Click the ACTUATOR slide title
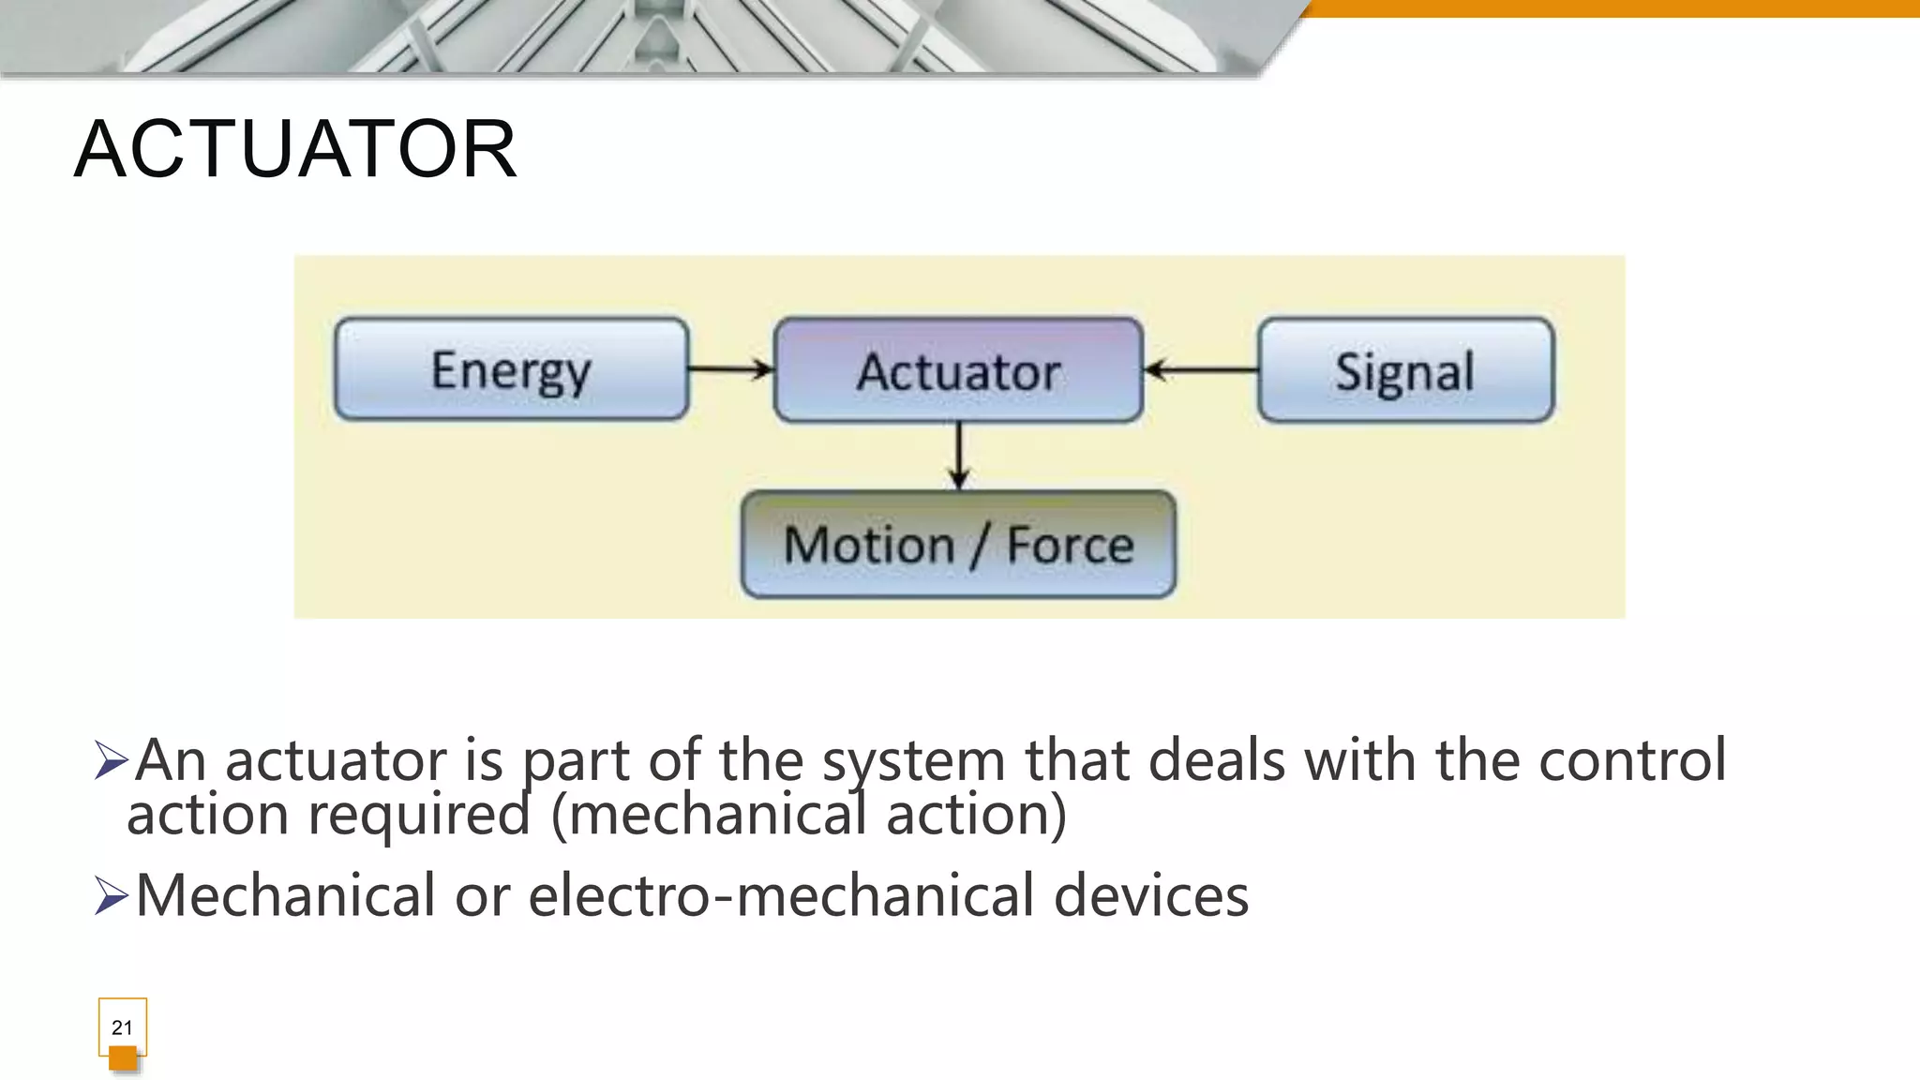pos(295,150)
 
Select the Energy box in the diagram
pos(511,369)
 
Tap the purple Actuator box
pos(958,370)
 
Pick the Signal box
pos(1405,370)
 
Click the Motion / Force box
pos(957,545)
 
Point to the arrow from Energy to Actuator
pos(730,369)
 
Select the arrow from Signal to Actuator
pos(1201,370)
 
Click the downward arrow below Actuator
pos(958,456)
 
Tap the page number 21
pos(122,1027)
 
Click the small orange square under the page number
pos(123,1058)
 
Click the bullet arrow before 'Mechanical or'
pos(111,895)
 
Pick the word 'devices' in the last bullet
pos(1151,895)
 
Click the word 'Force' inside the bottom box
pos(1070,545)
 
